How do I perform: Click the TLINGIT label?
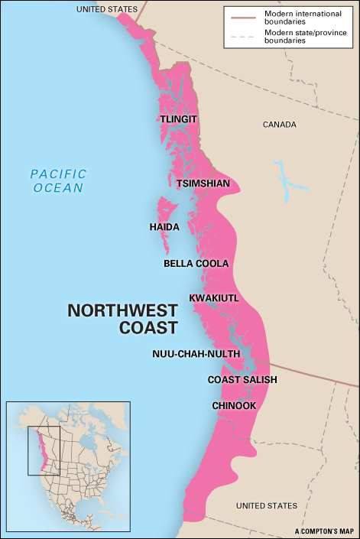pos(178,119)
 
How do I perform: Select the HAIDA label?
pos(164,227)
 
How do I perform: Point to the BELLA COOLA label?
pos(196,264)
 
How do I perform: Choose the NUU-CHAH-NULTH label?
pos(196,354)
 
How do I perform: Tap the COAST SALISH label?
pos(242,379)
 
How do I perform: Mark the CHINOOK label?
pos(235,405)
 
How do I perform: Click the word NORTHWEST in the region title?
pos(122,310)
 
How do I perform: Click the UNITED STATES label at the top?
pos(106,8)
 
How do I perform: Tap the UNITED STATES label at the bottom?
pos(266,506)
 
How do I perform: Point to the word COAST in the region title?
pos(148,327)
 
